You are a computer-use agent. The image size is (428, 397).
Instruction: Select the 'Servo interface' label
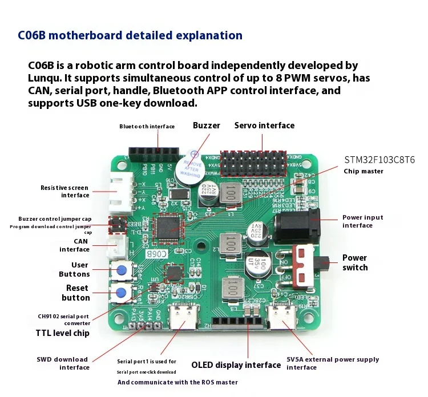[x=264, y=125]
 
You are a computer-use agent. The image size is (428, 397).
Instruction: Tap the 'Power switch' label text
[x=355, y=263]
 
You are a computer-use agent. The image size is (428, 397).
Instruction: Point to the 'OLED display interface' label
[x=236, y=365]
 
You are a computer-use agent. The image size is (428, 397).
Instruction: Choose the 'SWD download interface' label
[x=63, y=363]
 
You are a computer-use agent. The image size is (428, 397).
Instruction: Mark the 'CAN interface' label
[x=75, y=245]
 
